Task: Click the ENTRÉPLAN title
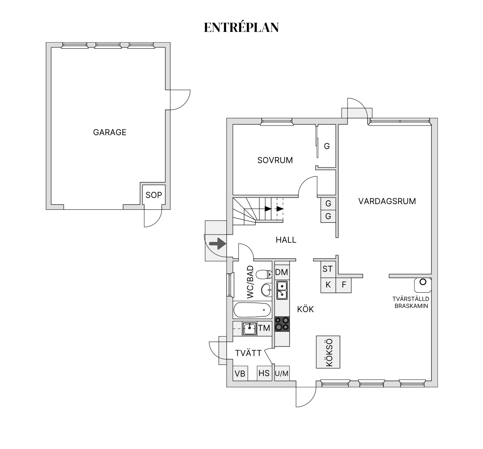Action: pyautogui.click(x=241, y=27)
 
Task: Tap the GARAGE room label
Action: pyautogui.click(x=110, y=132)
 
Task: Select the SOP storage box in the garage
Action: pyautogui.click(x=154, y=195)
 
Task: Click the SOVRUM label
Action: pyautogui.click(x=275, y=160)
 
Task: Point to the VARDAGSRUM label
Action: pyautogui.click(x=387, y=201)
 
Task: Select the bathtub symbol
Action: pyautogui.click(x=252, y=310)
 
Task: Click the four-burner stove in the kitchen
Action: pyautogui.click(x=282, y=324)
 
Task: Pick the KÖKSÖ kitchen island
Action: pyautogui.click(x=328, y=352)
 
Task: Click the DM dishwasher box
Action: pyautogui.click(x=281, y=272)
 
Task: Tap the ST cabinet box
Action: pyautogui.click(x=328, y=269)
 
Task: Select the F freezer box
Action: pyautogui.click(x=344, y=285)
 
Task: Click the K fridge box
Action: pyautogui.click(x=328, y=285)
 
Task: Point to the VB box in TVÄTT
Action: pyautogui.click(x=240, y=374)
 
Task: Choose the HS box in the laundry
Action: pyautogui.click(x=264, y=373)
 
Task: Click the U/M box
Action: pyautogui.click(x=282, y=373)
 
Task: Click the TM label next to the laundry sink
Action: pyautogui.click(x=264, y=328)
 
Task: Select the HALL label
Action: pyautogui.click(x=286, y=240)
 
